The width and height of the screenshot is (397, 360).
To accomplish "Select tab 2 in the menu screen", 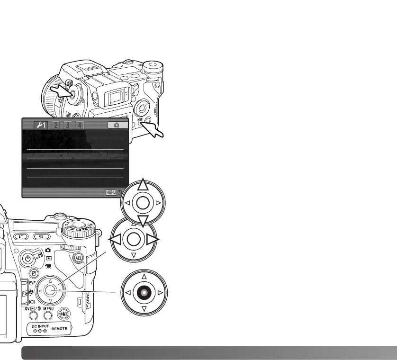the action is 56,126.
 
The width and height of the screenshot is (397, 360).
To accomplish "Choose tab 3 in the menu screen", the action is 68,126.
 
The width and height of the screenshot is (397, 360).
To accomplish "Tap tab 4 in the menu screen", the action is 80,126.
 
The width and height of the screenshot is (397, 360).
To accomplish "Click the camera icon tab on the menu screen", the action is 117,126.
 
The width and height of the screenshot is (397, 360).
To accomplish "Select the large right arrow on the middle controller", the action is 153,240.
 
